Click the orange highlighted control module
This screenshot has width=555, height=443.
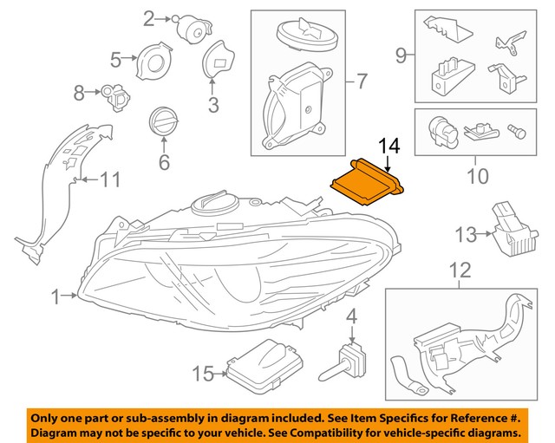pyautogui.click(x=368, y=181)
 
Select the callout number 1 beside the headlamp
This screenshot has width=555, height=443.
pyautogui.click(x=56, y=297)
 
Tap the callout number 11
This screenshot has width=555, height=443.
pyautogui.click(x=109, y=180)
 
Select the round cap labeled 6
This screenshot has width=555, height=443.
pyautogui.click(x=162, y=121)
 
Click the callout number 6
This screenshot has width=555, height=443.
pyautogui.click(x=162, y=161)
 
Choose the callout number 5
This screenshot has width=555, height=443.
pyautogui.click(x=116, y=59)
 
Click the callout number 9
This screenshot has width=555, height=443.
pyautogui.click(x=401, y=56)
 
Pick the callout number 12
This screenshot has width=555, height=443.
pyautogui.click(x=460, y=270)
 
